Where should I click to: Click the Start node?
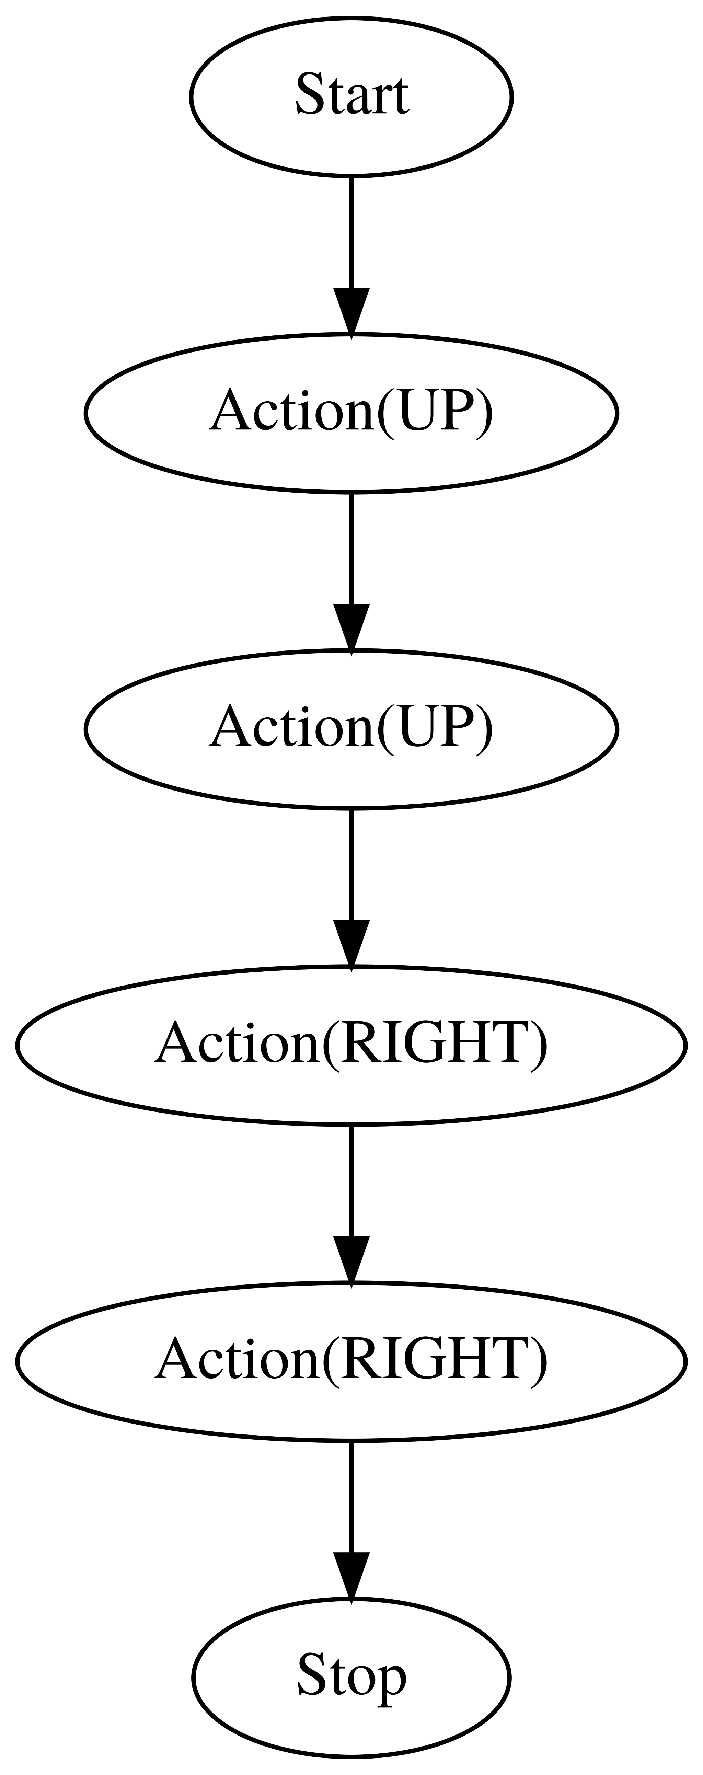(x=351, y=96)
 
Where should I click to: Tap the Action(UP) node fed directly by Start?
(x=351, y=413)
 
